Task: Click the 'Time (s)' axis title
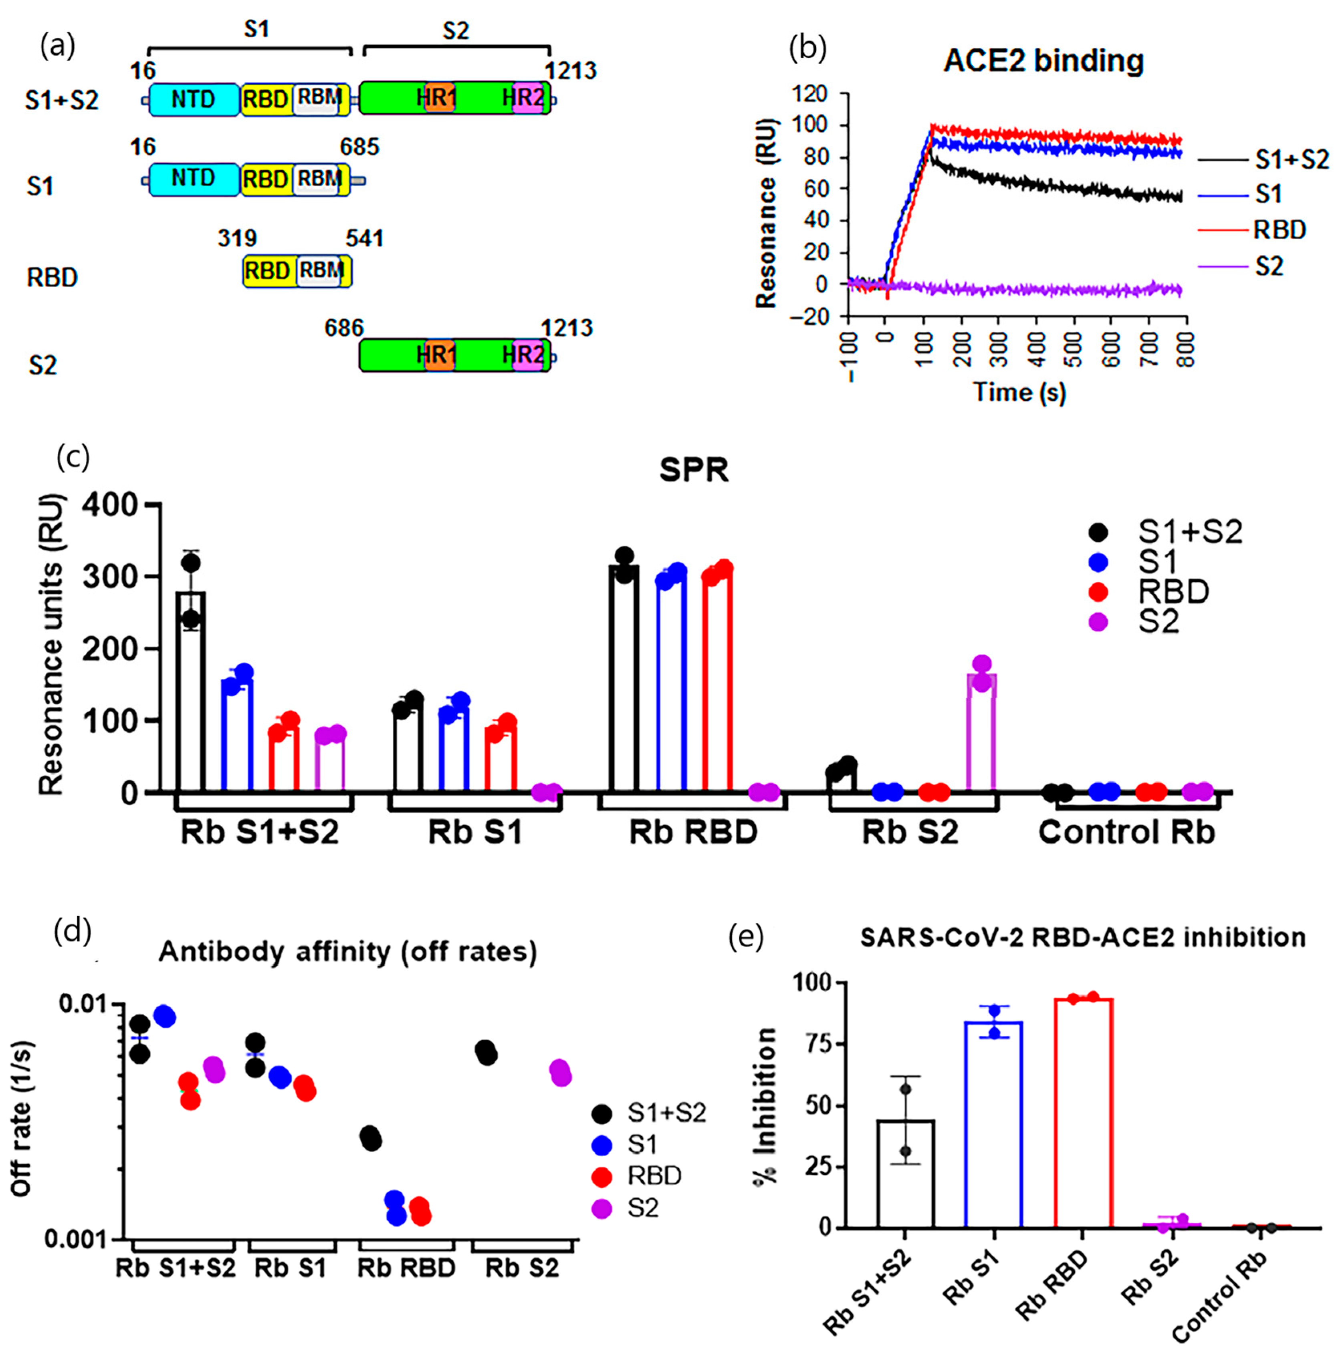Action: click(1019, 391)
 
